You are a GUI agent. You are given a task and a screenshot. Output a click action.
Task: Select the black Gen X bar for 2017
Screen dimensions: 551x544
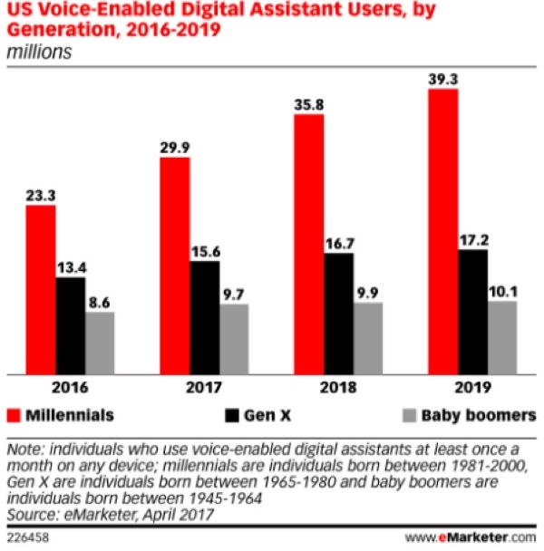coord(205,316)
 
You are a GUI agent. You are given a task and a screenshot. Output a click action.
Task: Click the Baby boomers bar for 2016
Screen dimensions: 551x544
coord(100,342)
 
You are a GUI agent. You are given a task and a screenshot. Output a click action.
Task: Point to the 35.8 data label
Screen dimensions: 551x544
coord(310,103)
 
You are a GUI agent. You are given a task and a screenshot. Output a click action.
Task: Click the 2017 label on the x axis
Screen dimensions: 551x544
coord(205,388)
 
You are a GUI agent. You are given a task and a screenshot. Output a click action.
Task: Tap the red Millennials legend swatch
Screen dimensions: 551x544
coord(15,416)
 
